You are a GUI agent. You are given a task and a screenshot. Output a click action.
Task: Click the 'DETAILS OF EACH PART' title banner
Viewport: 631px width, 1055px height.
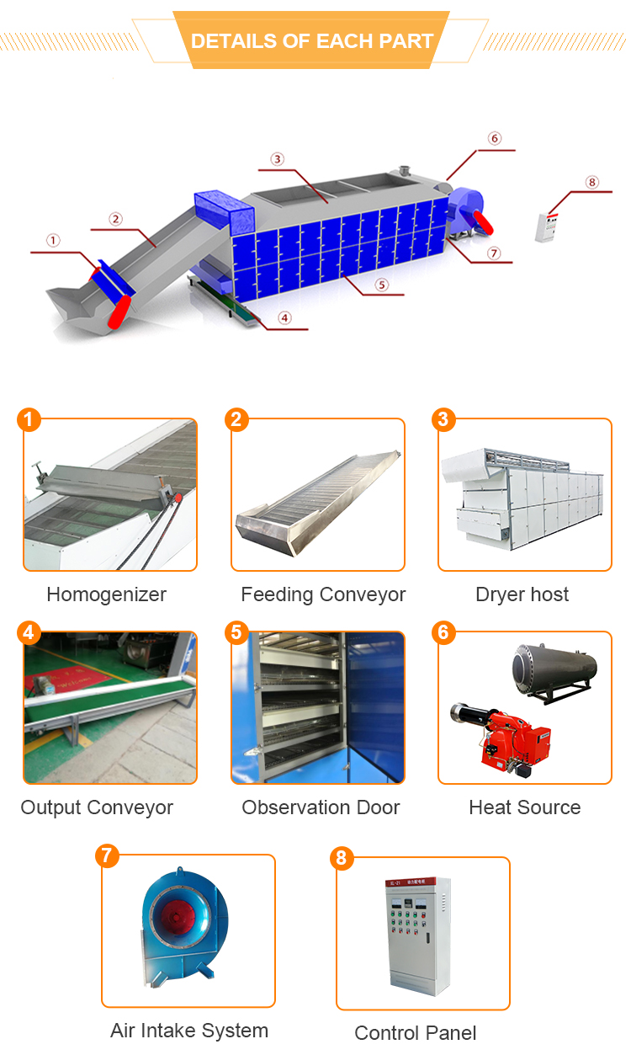(x=311, y=40)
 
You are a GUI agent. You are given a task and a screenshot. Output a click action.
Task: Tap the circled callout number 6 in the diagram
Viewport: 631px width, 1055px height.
(x=494, y=138)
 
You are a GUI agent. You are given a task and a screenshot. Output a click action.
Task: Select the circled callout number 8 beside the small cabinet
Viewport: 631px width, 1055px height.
(x=592, y=182)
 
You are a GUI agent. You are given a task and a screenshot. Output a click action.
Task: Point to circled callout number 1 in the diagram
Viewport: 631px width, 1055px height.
(x=53, y=241)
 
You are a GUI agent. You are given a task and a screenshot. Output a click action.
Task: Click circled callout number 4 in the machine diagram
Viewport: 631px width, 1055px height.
(x=284, y=318)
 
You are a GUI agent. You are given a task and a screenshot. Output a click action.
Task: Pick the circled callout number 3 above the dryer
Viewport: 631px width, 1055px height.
(x=277, y=159)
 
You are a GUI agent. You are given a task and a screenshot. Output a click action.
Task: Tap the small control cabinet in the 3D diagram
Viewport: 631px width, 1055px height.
(x=546, y=227)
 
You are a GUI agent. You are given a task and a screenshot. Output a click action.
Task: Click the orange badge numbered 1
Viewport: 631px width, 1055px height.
(x=29, y=419)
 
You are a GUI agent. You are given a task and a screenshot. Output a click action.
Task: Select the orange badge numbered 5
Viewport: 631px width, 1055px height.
(x=236, y=632)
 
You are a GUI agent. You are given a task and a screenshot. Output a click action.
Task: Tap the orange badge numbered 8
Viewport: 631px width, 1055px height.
(x=342, y=858)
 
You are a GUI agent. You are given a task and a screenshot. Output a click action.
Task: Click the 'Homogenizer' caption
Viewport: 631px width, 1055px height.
(x=107, y=594)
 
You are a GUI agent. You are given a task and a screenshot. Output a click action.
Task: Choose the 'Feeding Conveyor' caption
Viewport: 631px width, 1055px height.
(x=323, y=594)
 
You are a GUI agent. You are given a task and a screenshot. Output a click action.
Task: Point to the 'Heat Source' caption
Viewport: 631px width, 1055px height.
(x=525, y=807)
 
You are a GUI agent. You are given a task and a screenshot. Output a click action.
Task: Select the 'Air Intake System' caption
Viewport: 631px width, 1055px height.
(x=189, y=1031)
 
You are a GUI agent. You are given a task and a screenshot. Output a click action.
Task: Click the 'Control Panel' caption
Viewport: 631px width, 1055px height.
(x=416, y=1033)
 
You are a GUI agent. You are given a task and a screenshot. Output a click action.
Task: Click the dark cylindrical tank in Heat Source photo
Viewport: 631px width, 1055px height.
(x=555, y=671)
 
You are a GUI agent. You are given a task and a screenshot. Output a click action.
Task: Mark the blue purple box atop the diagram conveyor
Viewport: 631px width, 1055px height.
(x=224, y=211)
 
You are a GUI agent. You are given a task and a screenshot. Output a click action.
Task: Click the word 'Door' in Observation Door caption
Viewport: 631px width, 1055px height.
(x=379, y=807)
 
